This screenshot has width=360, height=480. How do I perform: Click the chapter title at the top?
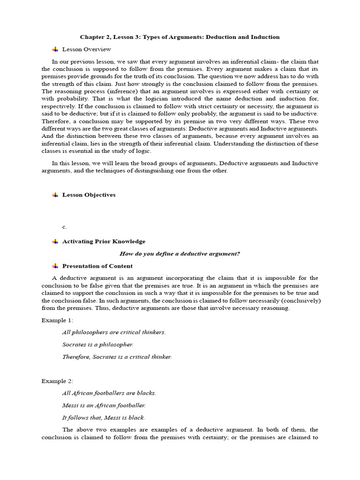pos(180,37)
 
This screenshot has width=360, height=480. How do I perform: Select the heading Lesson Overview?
pos(87,49)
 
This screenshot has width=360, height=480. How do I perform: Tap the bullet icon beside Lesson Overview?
pos(55,49)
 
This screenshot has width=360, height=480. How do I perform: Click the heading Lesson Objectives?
pos(89,195)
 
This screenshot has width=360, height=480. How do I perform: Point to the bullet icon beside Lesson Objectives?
pos(55,195)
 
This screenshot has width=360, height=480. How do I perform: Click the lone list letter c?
pos(65,227)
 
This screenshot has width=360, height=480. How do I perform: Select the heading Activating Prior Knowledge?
pos(104,241)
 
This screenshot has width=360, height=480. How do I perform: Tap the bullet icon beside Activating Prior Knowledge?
pos(55,241)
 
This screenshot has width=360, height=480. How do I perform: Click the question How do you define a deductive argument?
pos(180,254)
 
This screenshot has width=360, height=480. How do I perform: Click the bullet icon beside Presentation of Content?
pos(55,266)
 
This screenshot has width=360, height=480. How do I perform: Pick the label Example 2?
pos(57,381)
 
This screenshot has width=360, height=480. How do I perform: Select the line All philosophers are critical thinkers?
pos(114,332)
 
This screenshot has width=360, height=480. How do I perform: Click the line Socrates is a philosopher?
pos(97,344)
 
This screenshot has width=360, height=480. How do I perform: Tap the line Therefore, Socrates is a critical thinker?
pos(117,356)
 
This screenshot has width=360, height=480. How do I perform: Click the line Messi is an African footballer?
pos(104,405)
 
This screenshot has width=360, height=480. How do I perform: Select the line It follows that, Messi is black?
pos(104,418)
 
